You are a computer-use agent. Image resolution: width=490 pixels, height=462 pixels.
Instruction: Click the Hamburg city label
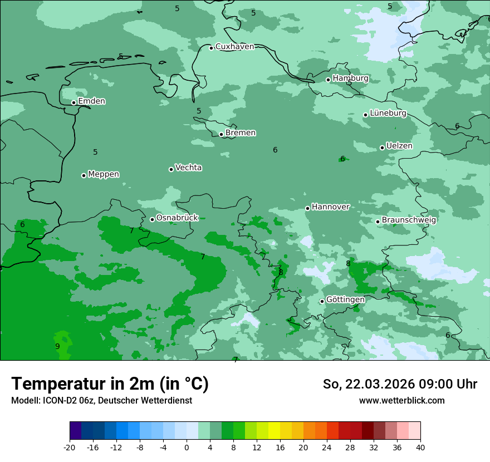pyautogui.click(x=350, y=78)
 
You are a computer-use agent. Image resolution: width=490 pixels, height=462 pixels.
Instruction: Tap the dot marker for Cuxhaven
pyautogui.click(x=211, y=48)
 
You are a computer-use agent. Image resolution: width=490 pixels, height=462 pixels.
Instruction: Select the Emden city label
pyautogui.click(x=91, y=101)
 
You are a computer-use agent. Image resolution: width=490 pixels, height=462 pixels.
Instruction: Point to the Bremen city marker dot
pyautogui.click(x=221, y=134)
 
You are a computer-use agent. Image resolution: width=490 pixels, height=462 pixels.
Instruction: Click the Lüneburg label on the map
pyautogui.click(x=388, y=114)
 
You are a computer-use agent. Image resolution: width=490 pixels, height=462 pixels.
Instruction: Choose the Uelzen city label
pyautogui.click(x=399, y=146)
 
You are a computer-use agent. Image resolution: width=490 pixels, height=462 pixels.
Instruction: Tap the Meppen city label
pyautogui.click(x=104, y=174)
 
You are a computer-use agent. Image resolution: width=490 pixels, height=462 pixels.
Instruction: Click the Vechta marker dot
pyautogui.click(x=171, y=169)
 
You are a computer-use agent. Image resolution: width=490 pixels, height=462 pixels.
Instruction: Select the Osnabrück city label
pyautogui.click(x=177, y=218)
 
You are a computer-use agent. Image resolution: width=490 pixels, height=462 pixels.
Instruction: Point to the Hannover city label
pyautogui.click(x=330, y=207)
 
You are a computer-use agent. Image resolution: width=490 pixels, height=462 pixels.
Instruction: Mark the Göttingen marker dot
pyautogui.click(x=322, y=301)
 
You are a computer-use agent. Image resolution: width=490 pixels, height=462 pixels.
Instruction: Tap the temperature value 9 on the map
pyautogui.click(x=57, y=346)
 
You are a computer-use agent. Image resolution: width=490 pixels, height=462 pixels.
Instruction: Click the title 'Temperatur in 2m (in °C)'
pyautogui.click(x=110, y=384)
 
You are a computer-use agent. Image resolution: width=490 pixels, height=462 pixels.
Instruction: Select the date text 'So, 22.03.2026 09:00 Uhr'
pyautogui.click(x=400, y=384)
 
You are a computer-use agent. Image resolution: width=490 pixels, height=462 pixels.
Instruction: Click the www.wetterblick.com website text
pyautogui.click(x=401, y=401)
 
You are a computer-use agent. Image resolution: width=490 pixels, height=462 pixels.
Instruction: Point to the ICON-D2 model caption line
pyautogui.click(x=101, y=401)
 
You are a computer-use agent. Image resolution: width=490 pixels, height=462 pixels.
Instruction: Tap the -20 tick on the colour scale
pyautogui.click(x=70, y=447)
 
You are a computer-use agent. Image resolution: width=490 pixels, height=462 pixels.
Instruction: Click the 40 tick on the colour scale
pyautogui.click(x=420, y=447)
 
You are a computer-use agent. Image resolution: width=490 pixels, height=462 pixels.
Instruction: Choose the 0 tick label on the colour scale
pyautogui.click(x=187, y=447)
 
